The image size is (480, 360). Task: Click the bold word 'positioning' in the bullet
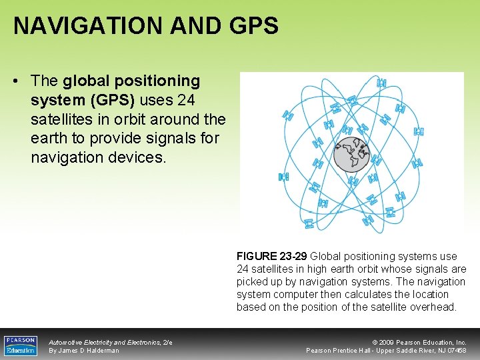click(x=157, y=81)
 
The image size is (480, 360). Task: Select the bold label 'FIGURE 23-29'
click(x=271, y=256)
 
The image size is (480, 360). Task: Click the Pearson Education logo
click(x=21, y=345)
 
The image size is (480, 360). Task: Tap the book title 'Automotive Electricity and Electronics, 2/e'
click(x=111, y=342)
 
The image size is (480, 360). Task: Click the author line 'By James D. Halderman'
click(x=84, y=351)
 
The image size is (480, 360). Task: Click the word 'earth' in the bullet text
click(x=49, y=138)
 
